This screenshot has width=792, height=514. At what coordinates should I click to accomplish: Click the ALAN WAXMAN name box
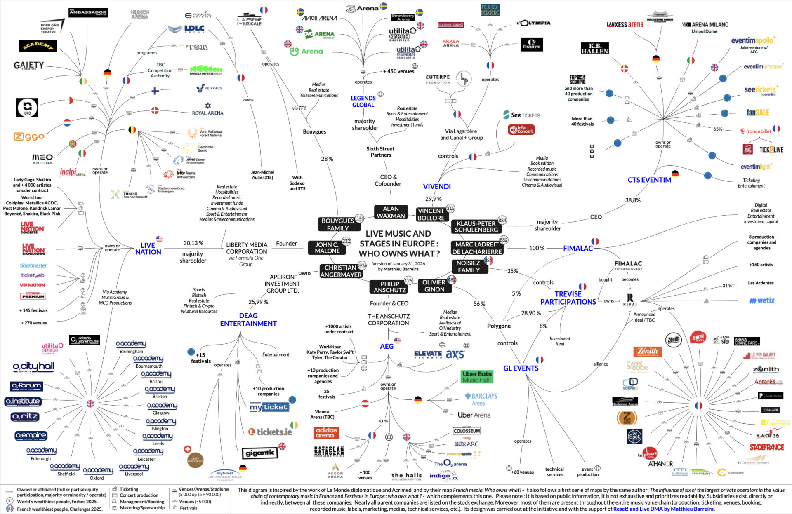click(391, 212)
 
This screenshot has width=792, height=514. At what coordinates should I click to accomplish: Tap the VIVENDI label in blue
click(436, 186)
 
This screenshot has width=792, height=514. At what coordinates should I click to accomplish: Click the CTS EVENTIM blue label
click(649, 180)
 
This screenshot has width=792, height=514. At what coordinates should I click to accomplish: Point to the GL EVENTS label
click(521, 368)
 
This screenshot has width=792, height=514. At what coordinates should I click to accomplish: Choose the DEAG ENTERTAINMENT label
click(248, 319)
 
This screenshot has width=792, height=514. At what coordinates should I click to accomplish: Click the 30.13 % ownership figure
click(193, 243)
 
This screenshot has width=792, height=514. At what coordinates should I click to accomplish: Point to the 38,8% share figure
click(632, 200)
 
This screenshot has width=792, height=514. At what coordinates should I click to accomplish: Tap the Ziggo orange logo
click(29, 136)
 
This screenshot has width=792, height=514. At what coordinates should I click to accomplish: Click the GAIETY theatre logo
click(29, 66)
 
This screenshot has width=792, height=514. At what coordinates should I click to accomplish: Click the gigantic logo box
click(260, 453)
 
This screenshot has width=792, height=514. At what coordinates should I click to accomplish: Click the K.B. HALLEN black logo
click(594, 49)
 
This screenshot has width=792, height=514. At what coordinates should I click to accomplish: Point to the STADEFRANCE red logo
click(766, 447)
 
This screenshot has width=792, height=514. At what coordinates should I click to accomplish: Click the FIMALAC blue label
click(577, 248)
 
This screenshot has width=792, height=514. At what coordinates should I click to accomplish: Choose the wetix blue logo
click(762, 300)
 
